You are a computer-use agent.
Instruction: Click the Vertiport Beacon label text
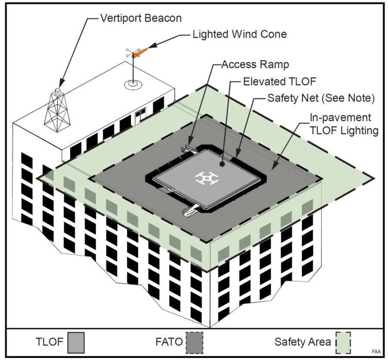click(141, 19)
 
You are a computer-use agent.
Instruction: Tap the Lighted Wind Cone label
click(239, 34)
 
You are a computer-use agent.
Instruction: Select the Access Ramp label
click(255, 65)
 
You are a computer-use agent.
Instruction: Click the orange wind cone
click(140, 53)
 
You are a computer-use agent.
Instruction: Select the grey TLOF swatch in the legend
click(76, 343)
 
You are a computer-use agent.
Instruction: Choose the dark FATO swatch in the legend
click(194, 343)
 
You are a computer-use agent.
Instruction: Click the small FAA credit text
click(376, 352)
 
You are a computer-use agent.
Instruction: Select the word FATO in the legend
click(169, 343)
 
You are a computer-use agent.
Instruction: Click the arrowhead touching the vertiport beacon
click(62, 84)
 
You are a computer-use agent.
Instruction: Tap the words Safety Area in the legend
click(302, 343)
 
